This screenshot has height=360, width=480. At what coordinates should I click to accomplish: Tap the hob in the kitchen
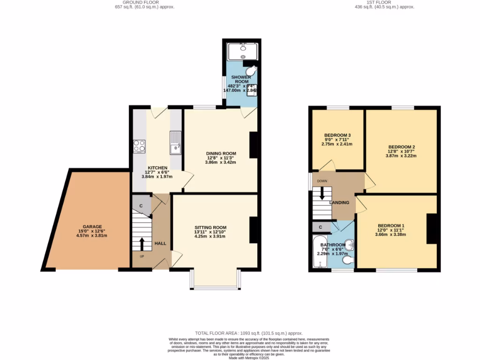pos(139,146)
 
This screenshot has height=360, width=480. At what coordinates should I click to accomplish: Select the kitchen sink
pos(176,142)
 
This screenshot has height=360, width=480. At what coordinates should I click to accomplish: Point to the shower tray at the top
pos(243,51)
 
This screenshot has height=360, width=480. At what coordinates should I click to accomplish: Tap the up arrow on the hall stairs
pos(142,244)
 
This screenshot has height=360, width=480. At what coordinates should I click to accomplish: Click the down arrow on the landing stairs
pos(322,194)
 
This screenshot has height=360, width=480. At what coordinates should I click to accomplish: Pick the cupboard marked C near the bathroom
pos(321,227)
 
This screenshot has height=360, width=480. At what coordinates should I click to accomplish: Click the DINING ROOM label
pos(221,153)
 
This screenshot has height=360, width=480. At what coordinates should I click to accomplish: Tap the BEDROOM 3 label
pos(337,135)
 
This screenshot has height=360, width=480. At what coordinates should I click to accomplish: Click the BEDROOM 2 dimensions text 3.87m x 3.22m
pos(402,156)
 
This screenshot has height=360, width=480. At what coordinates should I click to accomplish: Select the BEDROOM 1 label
pos(391,225)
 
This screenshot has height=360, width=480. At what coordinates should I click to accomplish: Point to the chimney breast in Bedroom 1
pos(431,229)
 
